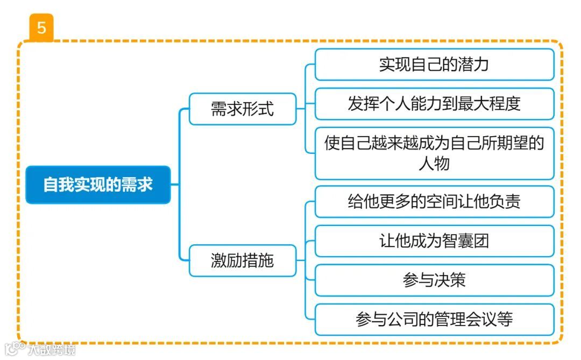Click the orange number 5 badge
41,27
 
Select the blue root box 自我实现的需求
98,185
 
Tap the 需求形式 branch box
242,109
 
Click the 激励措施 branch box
242,261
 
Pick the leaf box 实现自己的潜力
434,65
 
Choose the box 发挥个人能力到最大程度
434,103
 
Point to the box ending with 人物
434,153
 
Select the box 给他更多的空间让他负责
434,201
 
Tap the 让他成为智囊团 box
434,241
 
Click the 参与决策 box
434,280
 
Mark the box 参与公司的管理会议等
434,319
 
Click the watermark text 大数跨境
52,350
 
